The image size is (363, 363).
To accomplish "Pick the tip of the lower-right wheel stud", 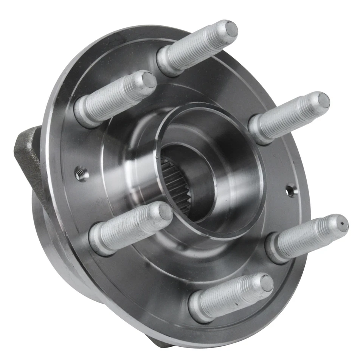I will (x=341, y=223).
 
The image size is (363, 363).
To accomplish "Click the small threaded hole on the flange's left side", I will (x=80, y=173).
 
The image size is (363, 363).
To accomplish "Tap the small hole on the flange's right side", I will (x=290, y=190).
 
